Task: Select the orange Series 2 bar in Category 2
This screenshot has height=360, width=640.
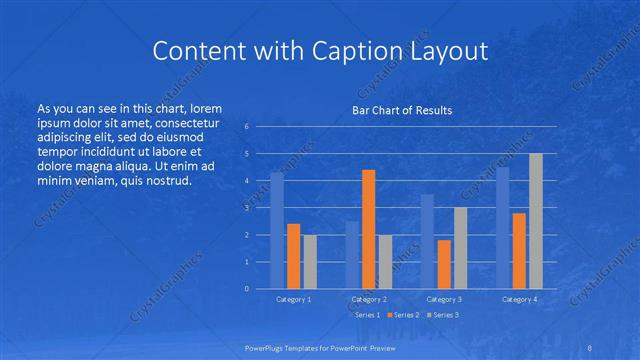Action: tap(368, 229)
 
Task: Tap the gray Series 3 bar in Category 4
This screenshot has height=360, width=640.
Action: tap(536, 221)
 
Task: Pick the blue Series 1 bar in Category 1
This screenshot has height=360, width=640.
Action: tap(277, 230)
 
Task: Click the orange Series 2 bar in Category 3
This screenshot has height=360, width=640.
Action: tap(444, 264)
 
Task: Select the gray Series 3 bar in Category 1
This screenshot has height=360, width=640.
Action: tap(310, 261)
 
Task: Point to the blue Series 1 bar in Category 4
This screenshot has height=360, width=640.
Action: tap(503, 227)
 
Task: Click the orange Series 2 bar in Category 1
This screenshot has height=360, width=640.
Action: tap(293, 256)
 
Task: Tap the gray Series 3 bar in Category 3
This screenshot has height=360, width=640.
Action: tap(460, 248)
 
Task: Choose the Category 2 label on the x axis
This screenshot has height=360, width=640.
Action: tap(369, 299)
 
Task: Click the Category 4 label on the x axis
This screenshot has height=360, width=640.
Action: tap(519, 299)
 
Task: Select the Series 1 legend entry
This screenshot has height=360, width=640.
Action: tap(364, 315)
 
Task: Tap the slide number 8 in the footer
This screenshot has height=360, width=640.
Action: tap(589, 347)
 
